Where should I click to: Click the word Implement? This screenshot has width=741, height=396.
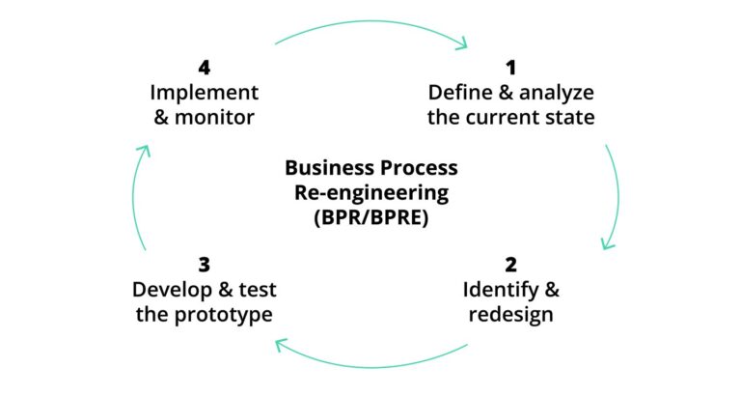(x=204, y=94)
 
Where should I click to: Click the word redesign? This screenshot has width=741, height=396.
(x=510, y=314)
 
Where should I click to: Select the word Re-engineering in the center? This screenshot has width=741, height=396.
(x=370, y=192)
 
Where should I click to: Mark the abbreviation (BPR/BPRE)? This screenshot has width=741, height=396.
(x=370, y=217)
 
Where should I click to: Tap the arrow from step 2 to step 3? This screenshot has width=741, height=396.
(x=370, y=361)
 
